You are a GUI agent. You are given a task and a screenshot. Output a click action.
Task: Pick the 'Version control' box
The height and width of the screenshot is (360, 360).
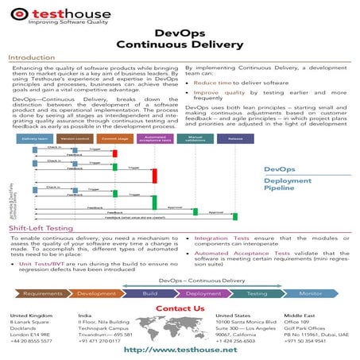point(75,138)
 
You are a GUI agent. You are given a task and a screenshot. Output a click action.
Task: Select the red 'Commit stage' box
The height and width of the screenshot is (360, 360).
point(114,138)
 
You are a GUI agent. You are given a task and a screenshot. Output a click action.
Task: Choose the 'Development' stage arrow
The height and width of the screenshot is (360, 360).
point(96,294)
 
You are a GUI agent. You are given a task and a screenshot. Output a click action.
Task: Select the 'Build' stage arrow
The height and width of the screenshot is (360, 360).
point(149,294)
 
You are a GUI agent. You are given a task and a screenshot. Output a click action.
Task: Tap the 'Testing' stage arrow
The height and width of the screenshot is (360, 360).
point(258,294)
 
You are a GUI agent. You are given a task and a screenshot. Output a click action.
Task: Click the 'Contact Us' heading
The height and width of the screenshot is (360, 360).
point(180,308)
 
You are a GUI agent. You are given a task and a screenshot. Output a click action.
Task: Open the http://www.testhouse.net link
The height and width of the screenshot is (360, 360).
point(180,350)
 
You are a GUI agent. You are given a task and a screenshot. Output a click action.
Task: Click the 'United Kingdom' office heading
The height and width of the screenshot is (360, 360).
point(29,316)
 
